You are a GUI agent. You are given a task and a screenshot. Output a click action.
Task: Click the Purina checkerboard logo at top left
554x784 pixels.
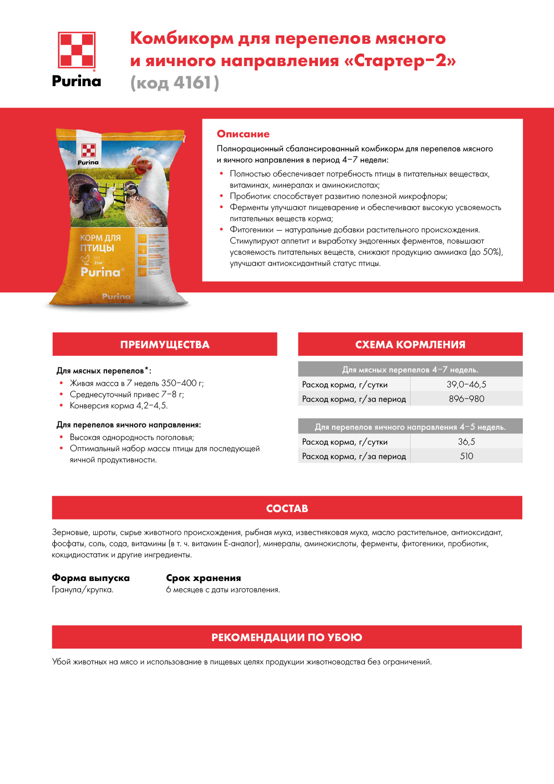coord(76,50)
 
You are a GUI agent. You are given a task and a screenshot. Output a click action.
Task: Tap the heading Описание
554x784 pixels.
coord(243,134)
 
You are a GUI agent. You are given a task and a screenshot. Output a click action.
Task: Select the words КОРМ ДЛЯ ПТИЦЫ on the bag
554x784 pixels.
coord(100,243)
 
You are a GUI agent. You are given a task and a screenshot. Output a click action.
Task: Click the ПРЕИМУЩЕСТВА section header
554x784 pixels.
coord(165,345)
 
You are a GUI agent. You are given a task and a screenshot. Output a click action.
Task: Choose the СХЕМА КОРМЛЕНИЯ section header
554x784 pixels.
coord(410,345)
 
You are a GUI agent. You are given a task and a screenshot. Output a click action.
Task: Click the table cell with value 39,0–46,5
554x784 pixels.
coord(466,385)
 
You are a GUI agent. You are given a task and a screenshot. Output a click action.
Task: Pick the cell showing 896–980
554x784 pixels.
coord(466,399)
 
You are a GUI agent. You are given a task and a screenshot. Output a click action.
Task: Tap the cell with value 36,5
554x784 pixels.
coord(466,442)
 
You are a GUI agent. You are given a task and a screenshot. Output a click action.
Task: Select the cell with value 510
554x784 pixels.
coord(466,456)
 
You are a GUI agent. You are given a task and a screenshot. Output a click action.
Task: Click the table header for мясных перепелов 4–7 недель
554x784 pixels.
coord(410,370)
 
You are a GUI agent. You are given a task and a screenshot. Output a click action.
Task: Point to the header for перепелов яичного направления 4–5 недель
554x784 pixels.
coord(410,427)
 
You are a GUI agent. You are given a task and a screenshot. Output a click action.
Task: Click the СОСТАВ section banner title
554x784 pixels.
coord(287,508)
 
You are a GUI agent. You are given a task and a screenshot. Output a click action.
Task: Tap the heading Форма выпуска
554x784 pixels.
coord(91,578)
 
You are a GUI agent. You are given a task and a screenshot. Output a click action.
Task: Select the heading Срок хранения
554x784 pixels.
coord(203,578)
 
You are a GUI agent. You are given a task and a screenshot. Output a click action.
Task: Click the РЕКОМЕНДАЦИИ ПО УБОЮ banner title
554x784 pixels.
coord(287,637)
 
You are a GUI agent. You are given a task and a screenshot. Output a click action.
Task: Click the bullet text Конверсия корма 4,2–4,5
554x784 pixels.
coord(118,406)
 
